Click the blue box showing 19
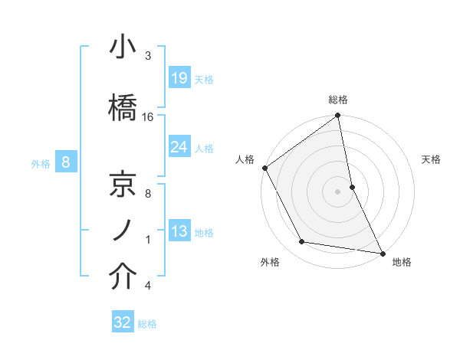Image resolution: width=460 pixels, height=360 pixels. click(179, 78)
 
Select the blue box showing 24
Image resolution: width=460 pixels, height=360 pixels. click(179, 147)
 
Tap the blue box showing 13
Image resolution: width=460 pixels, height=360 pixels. click(179, 231)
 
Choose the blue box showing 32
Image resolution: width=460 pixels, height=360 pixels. click(123, 322)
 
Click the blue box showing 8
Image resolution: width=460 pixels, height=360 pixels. click(66, 162)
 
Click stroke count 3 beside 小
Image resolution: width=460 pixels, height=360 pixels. click(147, 56)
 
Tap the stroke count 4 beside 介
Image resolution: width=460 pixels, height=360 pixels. click(147, 286)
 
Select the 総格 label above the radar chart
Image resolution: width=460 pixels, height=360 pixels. click(338, 100)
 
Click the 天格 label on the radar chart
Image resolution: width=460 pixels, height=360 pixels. click(432, 159)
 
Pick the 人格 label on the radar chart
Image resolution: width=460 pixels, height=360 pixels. click(245, 159)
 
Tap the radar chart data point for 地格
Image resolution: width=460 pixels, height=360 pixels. click(382, 252)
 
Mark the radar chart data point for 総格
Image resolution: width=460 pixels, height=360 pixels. click(338, 116)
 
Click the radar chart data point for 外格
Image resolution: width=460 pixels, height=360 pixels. click(302, 242)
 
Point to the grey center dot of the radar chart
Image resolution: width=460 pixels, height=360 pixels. click(338, 191)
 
